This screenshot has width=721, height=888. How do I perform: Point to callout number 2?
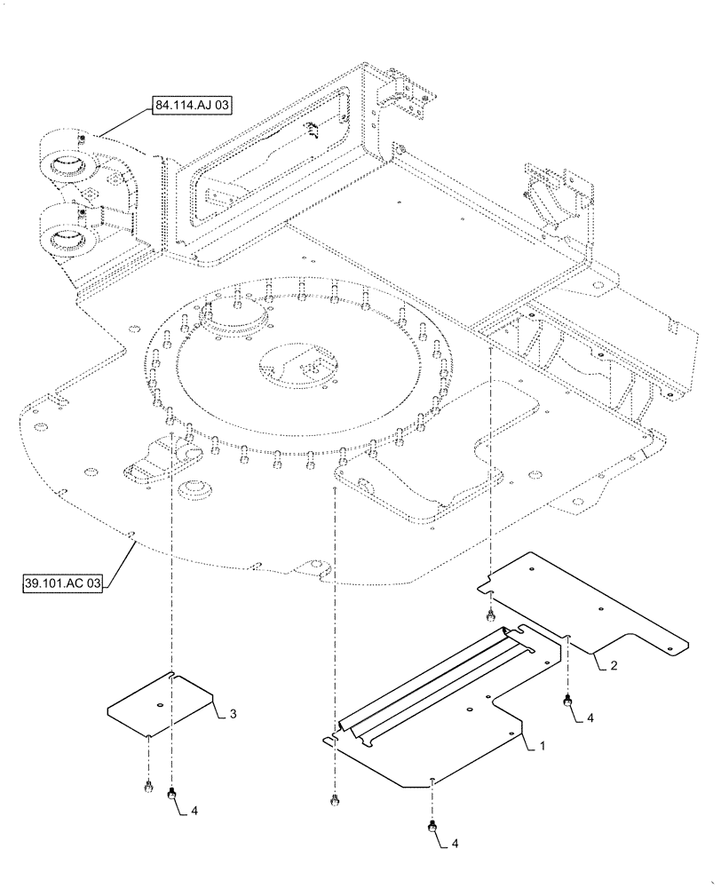point(614,664)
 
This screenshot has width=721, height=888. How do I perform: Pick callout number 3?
point(232,713)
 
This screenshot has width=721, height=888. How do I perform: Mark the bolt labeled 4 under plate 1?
point(432,826)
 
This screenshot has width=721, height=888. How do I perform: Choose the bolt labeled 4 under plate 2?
point(566,702)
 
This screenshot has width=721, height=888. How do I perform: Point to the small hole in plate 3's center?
point(159,706)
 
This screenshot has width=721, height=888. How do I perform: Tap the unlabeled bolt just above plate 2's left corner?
point(489,615)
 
